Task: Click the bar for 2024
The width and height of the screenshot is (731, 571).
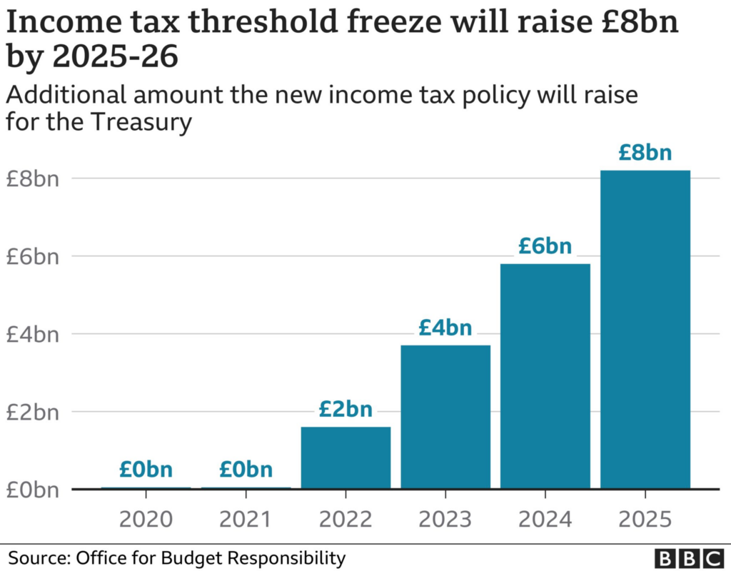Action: click(x=545, y=377)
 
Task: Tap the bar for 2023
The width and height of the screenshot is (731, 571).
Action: click(x=445, y=418)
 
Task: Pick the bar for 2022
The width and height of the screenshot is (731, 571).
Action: click(x=346, y=458)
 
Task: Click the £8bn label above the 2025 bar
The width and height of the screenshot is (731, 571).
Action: click(x=645, y=153)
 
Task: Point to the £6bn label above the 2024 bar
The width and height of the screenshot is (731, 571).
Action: click(x=545, y=246)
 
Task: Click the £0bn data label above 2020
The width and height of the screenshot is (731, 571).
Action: click(x=146, y=470)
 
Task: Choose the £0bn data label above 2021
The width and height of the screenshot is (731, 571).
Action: click(x=246, y=470)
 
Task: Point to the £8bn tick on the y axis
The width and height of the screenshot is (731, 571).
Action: click(x=32, y=178)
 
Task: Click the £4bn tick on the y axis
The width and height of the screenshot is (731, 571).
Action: click(x=32, y=334)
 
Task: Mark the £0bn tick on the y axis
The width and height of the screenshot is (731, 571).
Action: click(x=32, y=490)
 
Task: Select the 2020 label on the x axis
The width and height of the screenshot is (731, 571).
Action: click(x=146, y=518)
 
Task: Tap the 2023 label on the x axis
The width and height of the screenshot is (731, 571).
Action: click(x=445, y=518)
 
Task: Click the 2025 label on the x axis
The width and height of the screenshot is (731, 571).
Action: click(x=645, y=518)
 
